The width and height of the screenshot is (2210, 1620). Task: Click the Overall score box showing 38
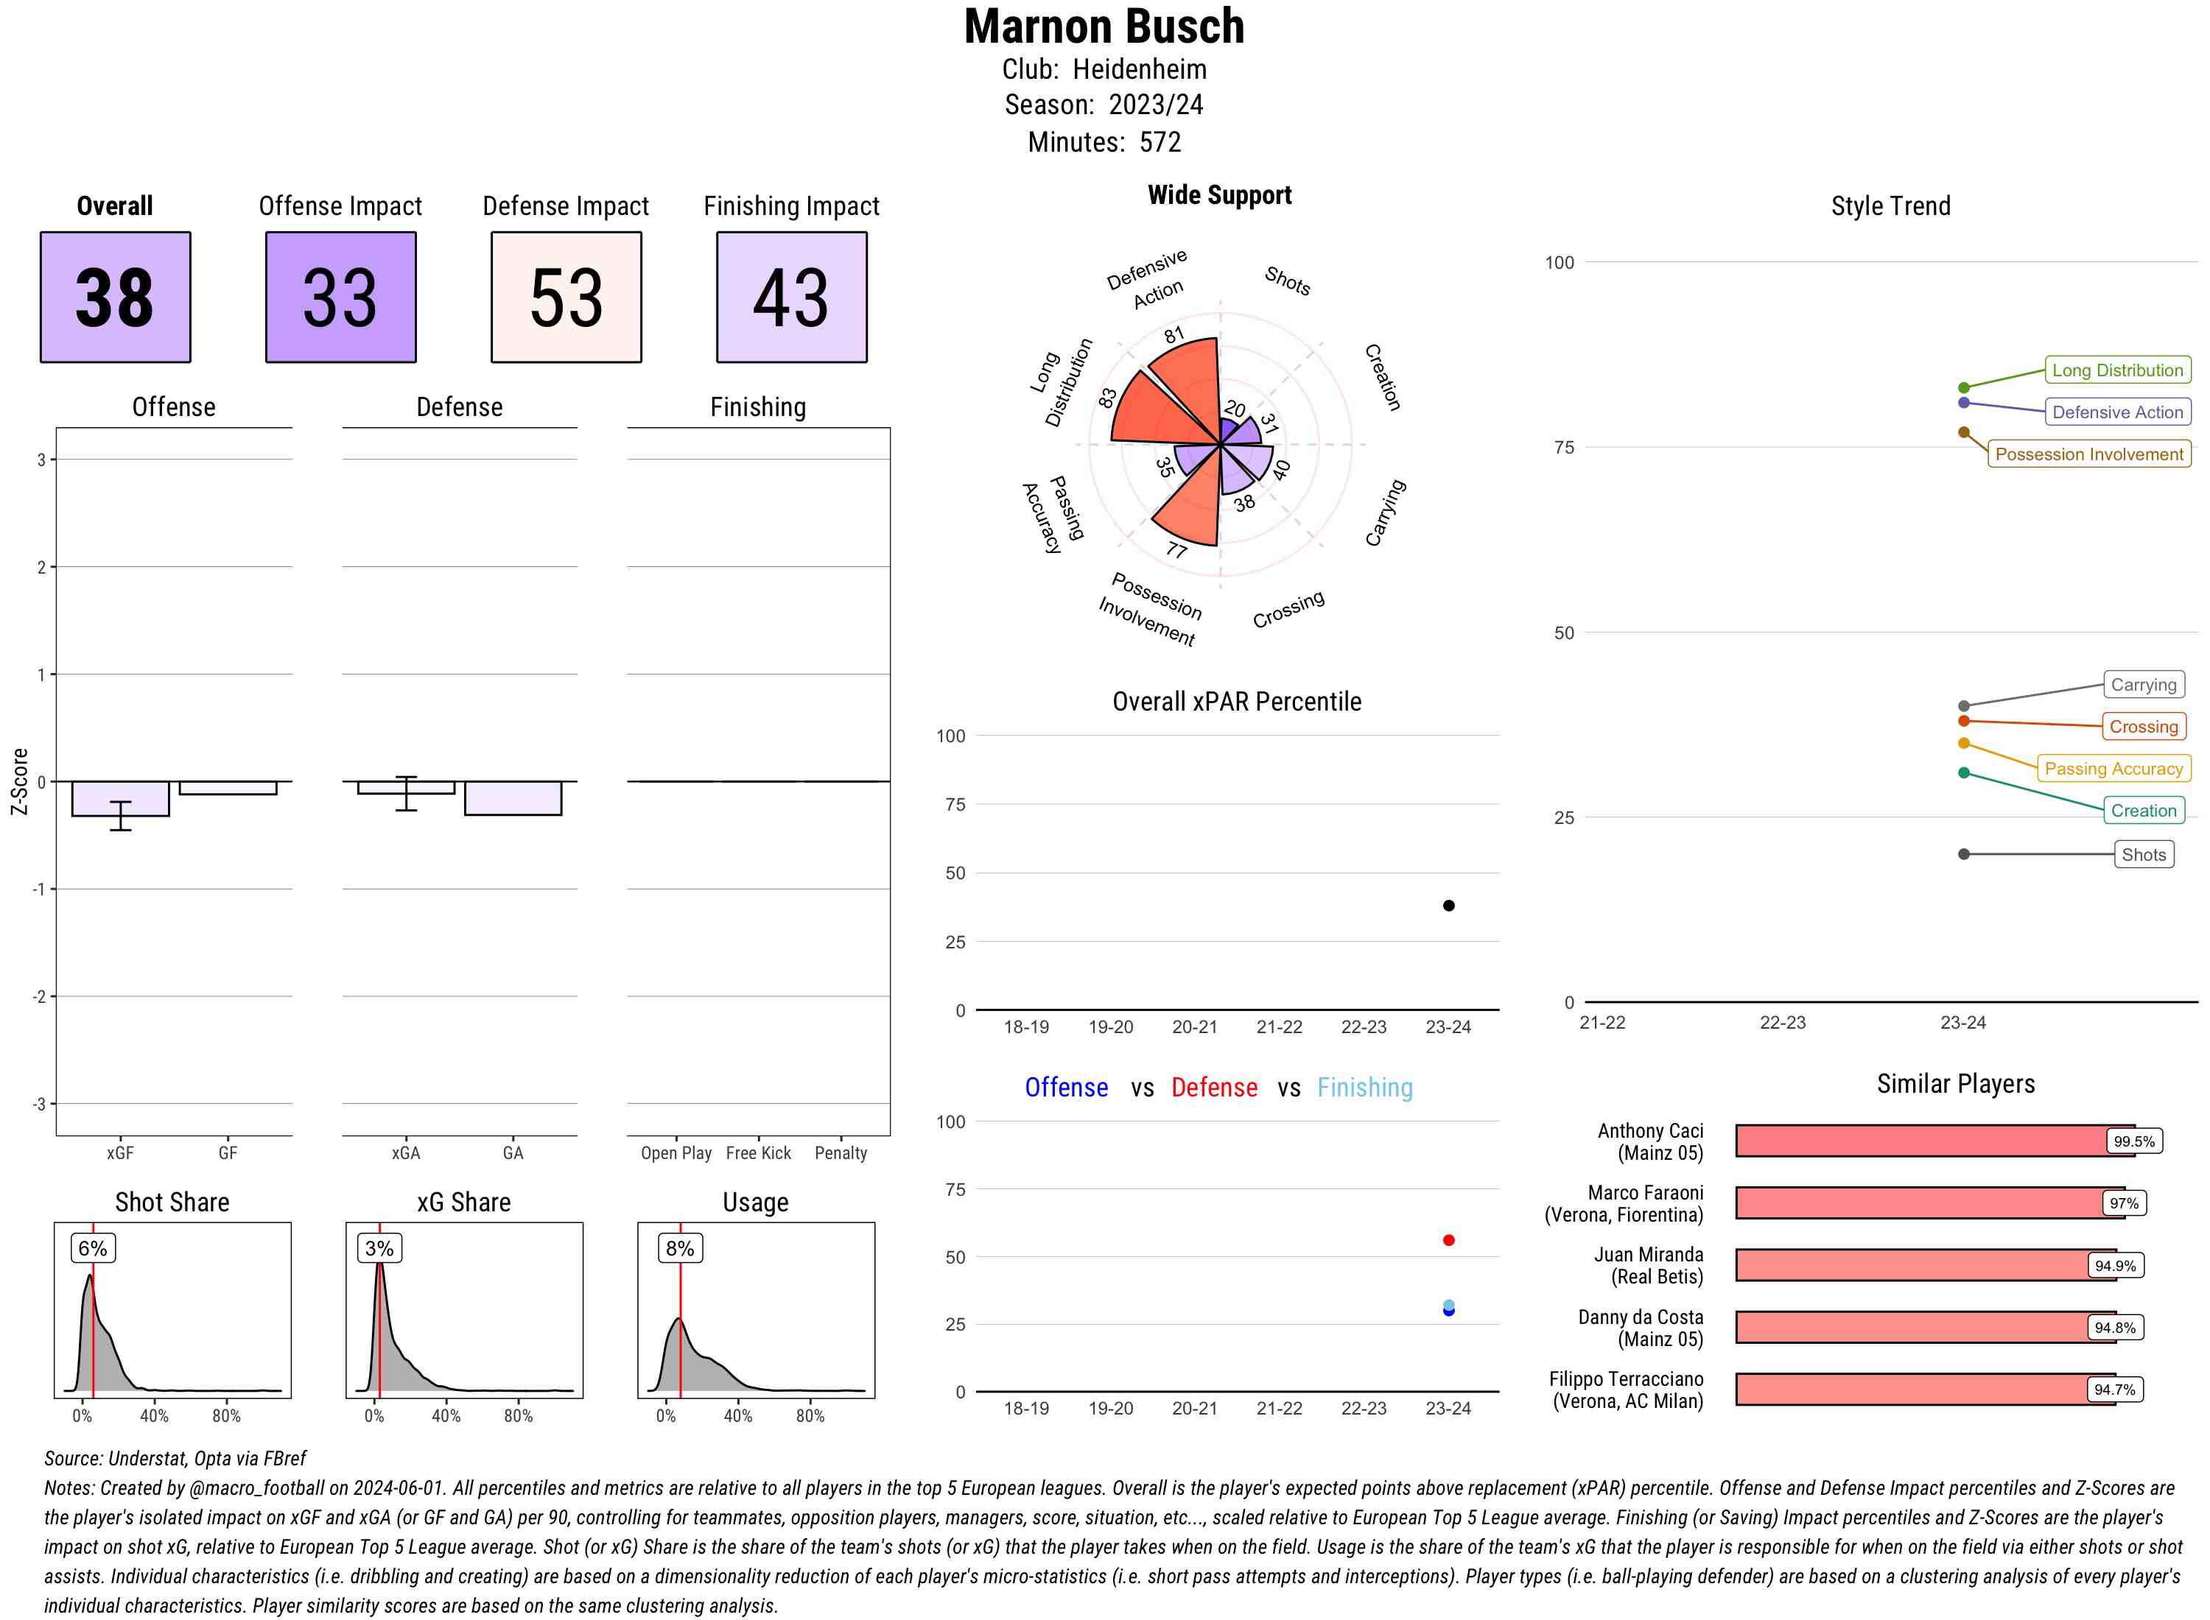pyautogui.click(x=115, y=297)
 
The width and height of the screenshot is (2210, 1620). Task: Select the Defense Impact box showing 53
pyautogui.click(x=566, y=297)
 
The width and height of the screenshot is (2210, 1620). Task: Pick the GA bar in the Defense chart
pyautogui.click(x=513, y=797)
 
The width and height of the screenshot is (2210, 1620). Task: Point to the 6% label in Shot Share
pyautogui.click(x=92, y=1248)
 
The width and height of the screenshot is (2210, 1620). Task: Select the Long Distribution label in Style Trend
pyautogui.click(x=2117, y=370)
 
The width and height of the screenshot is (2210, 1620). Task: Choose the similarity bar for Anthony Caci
pyautogui.click(x=1923, y=1141)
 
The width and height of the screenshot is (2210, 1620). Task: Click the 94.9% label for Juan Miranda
pyautogui.click(x=2115, y=1266)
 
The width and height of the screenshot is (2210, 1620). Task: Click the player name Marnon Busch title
pyautogui.click(x=1104, y=27)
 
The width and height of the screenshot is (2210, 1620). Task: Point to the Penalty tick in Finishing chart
pyautogui.click(x=841, y=1153)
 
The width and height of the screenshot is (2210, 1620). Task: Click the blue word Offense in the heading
pyautogui.click(x=1066, y=1088)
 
